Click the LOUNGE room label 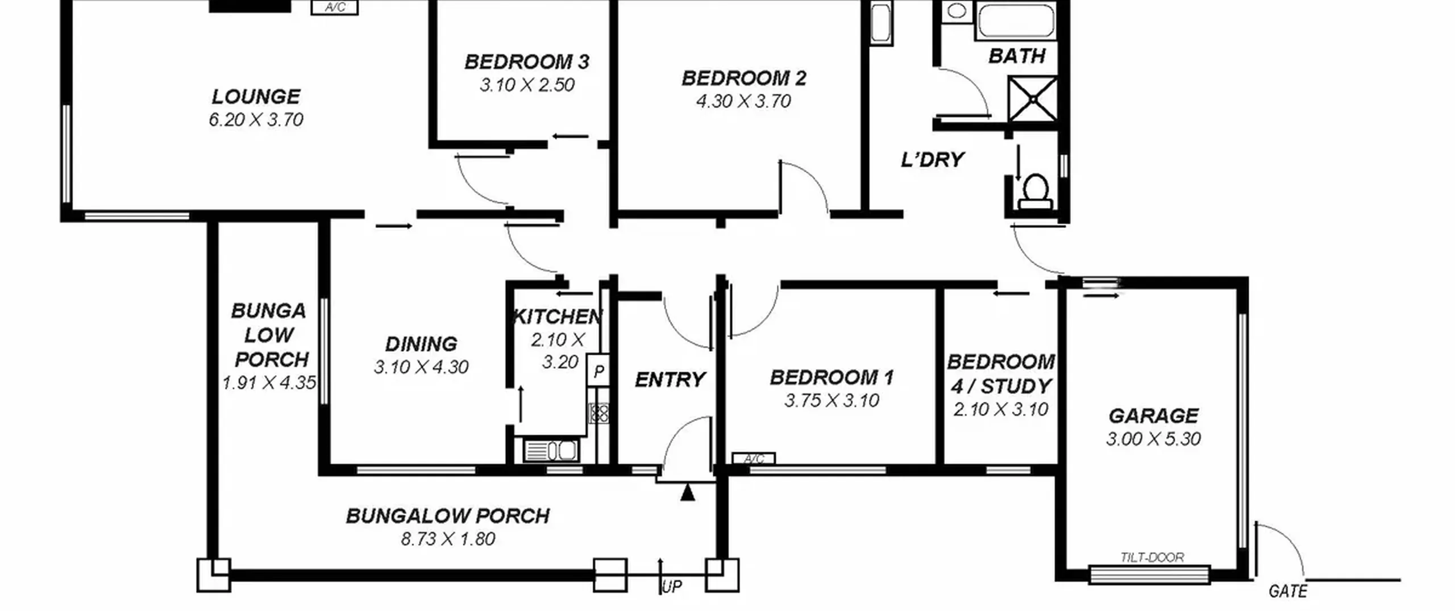(256, 97)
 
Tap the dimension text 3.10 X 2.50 (527, 85)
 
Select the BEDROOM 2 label (744, 78)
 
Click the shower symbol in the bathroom (1032, 99)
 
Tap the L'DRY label (933, 160)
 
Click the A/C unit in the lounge (335, 7)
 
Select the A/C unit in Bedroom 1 (754, 458)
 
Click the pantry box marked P (598, 372)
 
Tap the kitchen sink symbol (551, 450)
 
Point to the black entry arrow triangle (688, 492)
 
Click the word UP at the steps (672, 587)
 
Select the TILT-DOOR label (1152, 558)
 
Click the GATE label (1288, 592)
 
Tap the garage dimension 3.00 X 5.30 (1153, 439)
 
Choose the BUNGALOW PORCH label (448, 516)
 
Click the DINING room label (421, 344)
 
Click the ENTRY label (670, 380)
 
